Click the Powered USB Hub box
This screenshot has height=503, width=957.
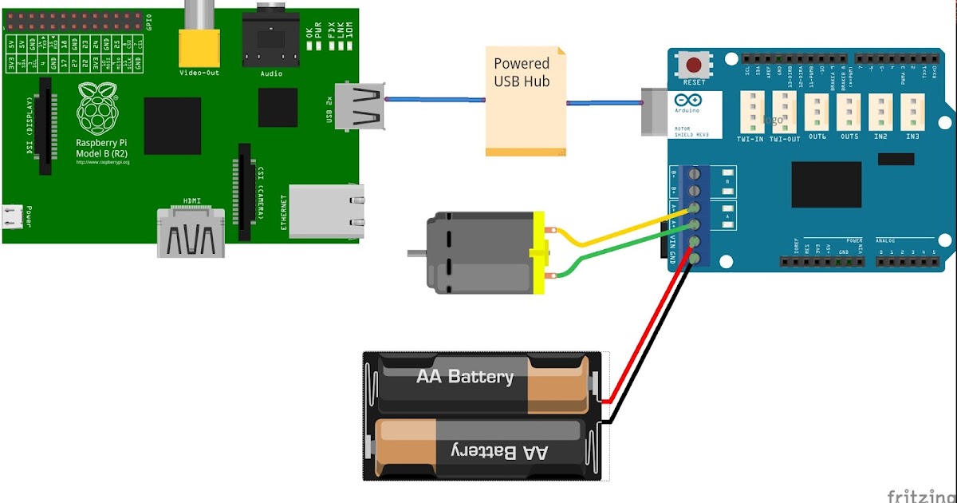pos(526,100)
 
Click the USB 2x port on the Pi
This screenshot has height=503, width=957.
pos(360,106)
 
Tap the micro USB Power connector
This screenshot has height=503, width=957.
pos(11,216)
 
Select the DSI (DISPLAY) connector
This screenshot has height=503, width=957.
pos(45,126)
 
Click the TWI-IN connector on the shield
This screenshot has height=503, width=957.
pos(751,111)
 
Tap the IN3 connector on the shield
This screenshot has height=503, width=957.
pos(912,111)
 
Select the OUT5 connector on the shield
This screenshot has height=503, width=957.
pos(849,111)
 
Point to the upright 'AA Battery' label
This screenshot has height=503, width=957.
pos(465,376)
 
